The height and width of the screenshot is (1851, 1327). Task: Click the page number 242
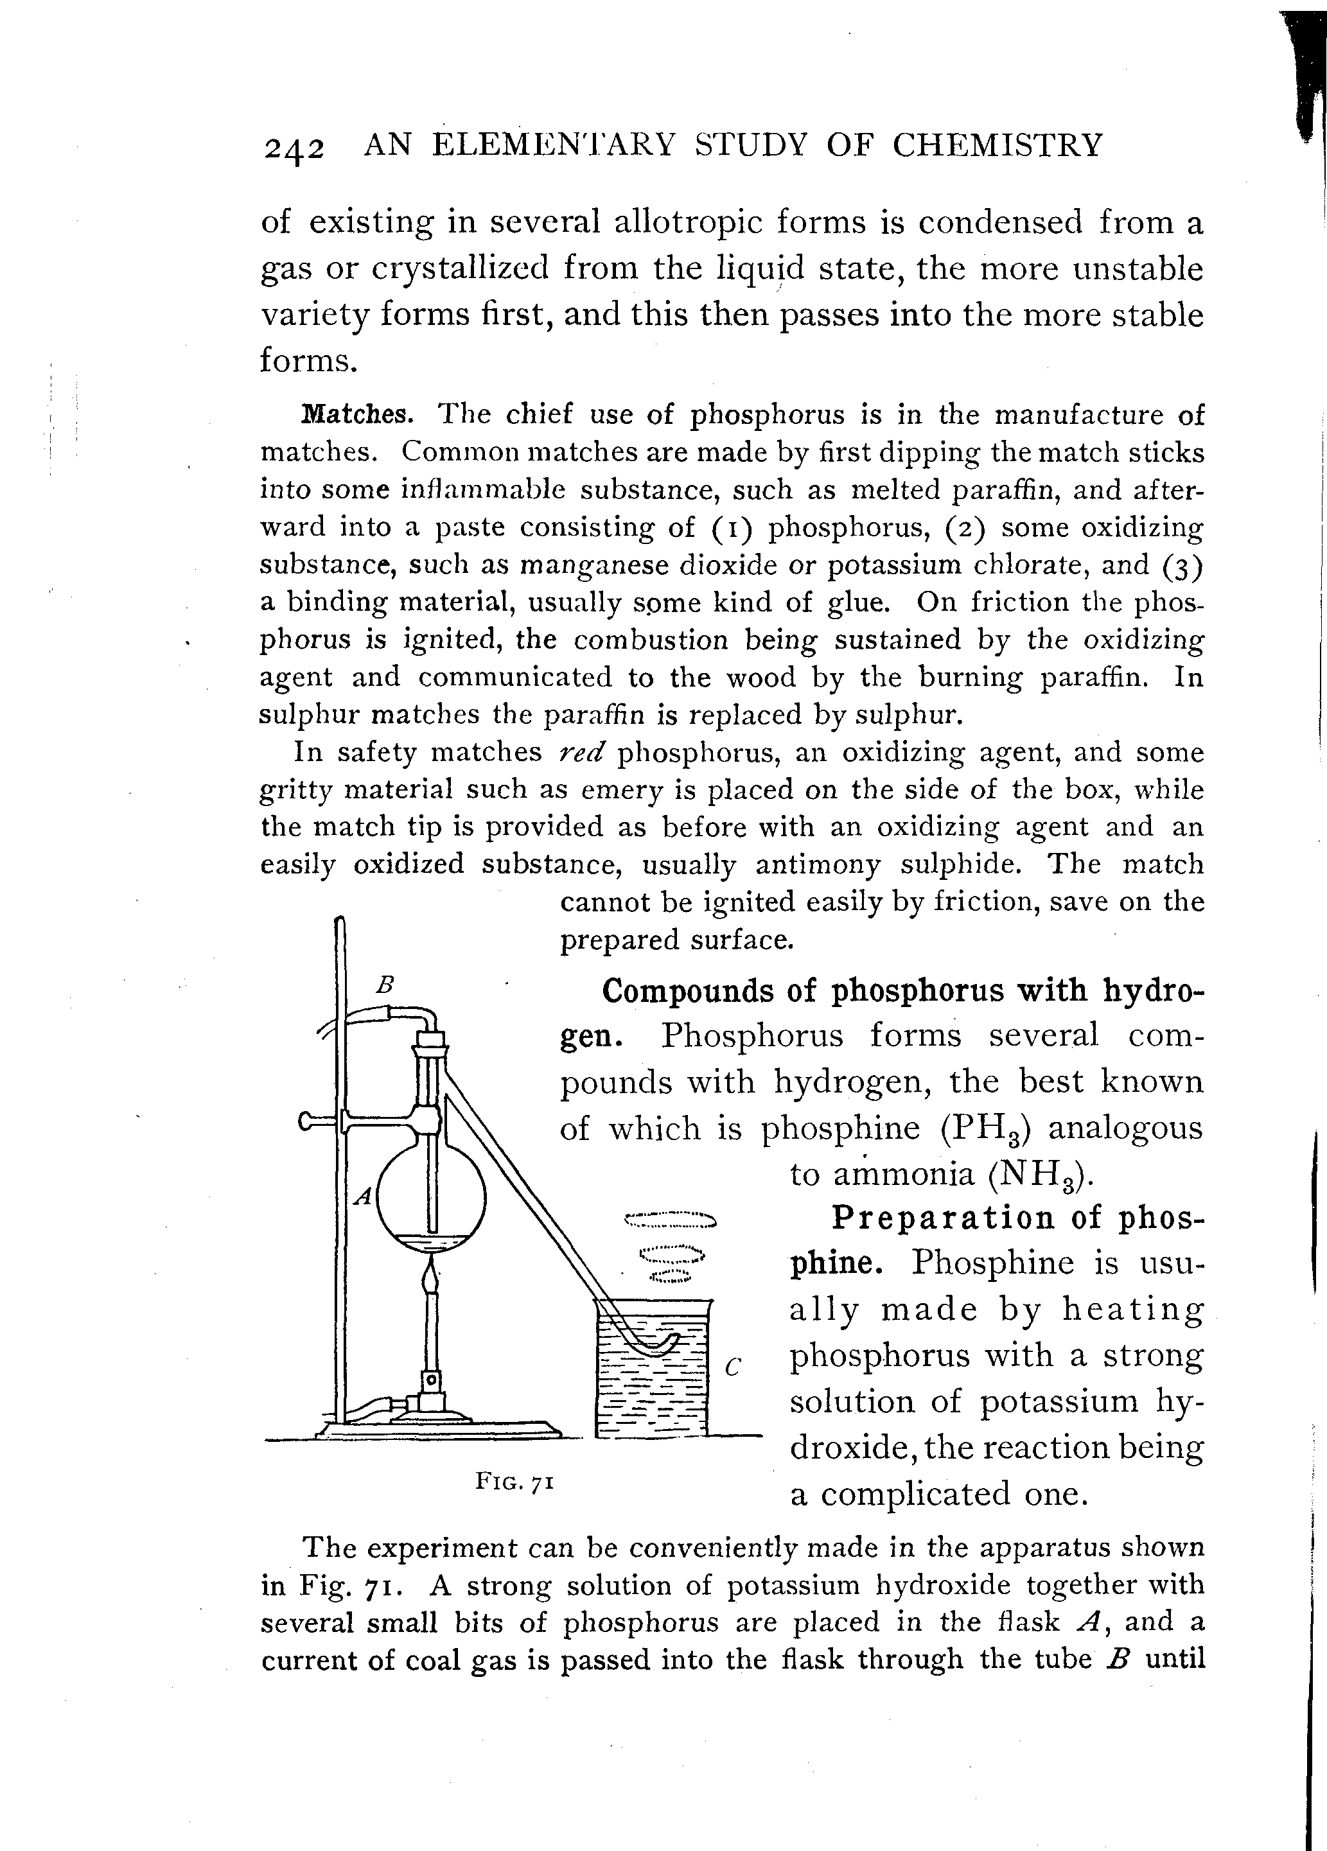[294, 148]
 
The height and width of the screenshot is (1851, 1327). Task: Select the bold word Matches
[356, 415]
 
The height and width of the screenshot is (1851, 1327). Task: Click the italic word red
[580, 751]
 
